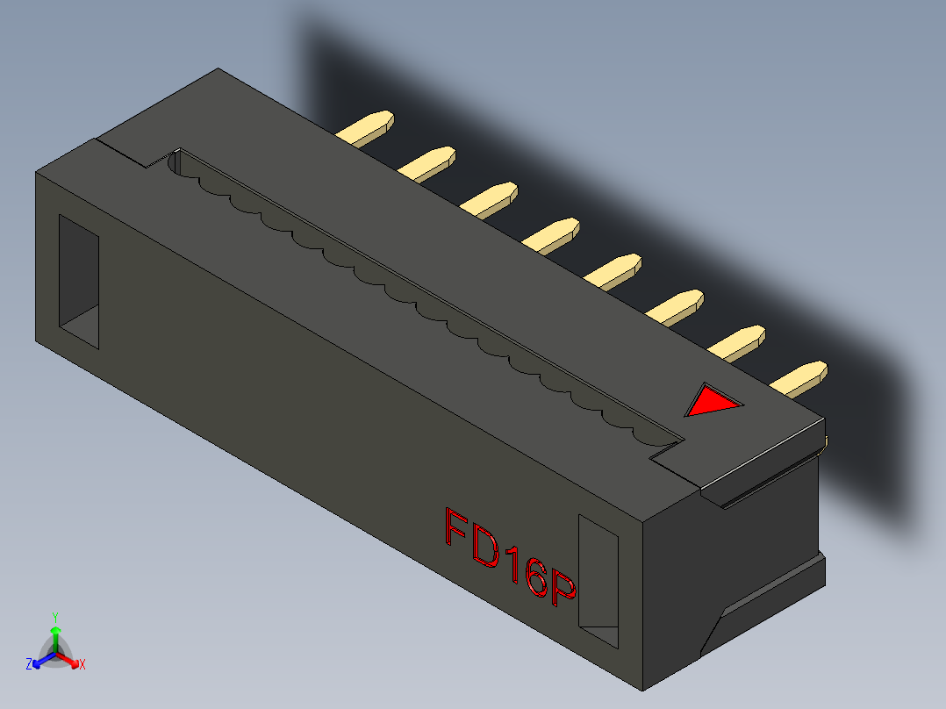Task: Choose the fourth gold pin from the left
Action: pyautogui.click(x=551, y=233)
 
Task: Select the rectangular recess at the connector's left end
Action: pyautogui.click(x=78, y=281)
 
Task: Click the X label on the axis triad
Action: pyautogui.click(x=82, y=665)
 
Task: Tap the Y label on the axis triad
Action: pyautogui.click(x=55, y=617)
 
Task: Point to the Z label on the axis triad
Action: pyautogui.click(x=29, y=665)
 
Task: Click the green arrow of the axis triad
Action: pyautogui.click(x=55, y=635)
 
